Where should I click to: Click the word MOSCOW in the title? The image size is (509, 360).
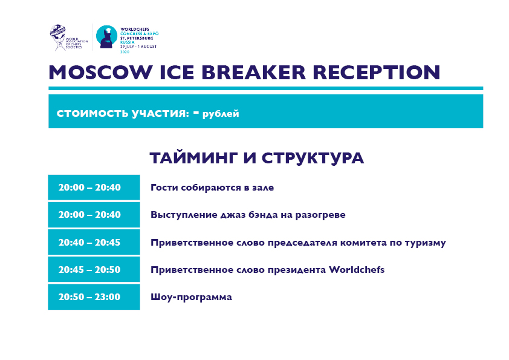tap(100, 72)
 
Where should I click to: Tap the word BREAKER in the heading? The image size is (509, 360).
tap(253, 72)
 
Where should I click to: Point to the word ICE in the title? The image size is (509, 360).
tap(177, 72)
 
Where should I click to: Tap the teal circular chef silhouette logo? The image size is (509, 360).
tap(107, 37)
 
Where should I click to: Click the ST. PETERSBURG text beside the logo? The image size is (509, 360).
tap(137, 38)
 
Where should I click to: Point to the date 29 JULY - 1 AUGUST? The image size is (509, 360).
tap(138, 47)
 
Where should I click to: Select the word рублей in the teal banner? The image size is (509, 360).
tap(221, 114)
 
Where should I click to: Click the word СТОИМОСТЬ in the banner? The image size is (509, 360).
tap(92, 113)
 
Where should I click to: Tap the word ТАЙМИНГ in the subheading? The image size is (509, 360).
tap(193, 159)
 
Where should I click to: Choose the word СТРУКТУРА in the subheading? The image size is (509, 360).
tap(313, 159)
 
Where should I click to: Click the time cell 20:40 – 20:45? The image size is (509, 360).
tap(94, 242)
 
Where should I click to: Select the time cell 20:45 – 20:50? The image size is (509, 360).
tap(94, 269)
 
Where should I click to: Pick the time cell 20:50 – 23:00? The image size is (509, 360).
tap(94, 296)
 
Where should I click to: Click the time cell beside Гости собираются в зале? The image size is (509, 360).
tap(94, 187)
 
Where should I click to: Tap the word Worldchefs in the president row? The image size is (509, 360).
tap(357, 270)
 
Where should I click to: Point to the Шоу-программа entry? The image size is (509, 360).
tap(191, 297)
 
